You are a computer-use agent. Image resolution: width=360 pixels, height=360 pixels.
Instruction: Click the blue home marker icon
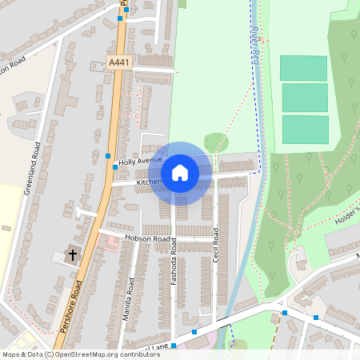180,172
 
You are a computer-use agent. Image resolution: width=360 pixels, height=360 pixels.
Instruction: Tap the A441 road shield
118,62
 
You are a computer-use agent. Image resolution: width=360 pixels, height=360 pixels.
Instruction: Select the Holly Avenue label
140,162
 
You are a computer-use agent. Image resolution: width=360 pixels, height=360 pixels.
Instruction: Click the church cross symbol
72,255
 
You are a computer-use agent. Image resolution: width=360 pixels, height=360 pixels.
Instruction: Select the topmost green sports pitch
303,68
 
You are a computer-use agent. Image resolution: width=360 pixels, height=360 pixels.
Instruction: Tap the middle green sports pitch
305,98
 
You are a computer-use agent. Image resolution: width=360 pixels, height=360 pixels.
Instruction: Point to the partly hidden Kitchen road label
149,182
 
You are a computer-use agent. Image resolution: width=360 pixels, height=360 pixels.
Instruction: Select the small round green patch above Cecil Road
215,143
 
